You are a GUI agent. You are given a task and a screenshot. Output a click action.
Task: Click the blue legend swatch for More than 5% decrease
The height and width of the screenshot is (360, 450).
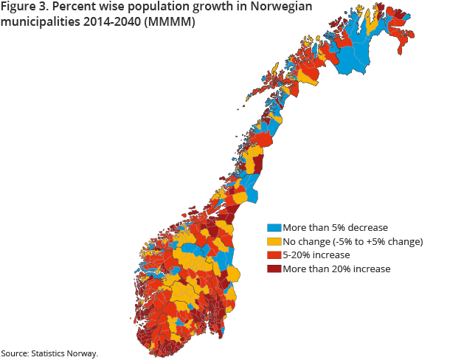tap(272, 227)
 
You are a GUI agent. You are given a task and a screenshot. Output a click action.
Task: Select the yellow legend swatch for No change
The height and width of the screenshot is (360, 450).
tap(272, 241)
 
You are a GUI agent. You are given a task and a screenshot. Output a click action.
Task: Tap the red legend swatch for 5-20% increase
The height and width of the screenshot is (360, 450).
tap(272, 255)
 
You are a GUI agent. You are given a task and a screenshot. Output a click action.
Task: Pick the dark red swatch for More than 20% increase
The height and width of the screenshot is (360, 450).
tap(272, 269)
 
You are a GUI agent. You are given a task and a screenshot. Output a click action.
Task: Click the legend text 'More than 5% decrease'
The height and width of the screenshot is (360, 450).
tap(334, 227)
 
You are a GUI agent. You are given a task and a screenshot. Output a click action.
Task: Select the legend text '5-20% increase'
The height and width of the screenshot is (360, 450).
tap(315, 255)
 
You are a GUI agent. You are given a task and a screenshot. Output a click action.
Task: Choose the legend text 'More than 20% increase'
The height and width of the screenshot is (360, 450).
tap(336, 269)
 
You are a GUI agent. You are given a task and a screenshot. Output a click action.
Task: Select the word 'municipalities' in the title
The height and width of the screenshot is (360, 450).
tap(41, 23)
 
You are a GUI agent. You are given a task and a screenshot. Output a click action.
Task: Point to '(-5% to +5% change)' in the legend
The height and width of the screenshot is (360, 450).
tap(379, 241)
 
